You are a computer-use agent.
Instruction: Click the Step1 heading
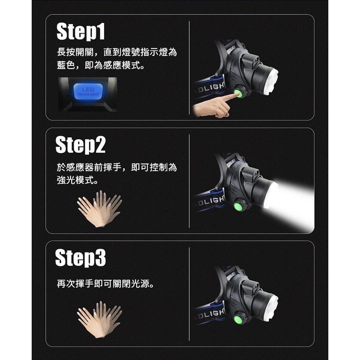pos(81,32)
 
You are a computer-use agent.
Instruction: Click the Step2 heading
pos(81,144)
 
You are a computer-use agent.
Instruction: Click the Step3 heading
pos(81,258)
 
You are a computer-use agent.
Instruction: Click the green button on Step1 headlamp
pos(239,91)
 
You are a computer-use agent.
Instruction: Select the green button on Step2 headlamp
pos(237,206)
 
